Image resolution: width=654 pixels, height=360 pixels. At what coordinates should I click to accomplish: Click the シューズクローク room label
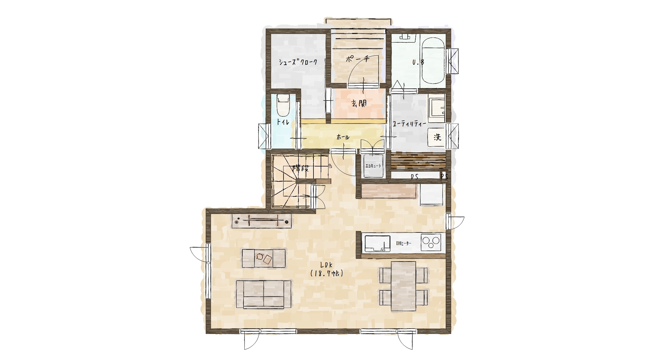(298, 62)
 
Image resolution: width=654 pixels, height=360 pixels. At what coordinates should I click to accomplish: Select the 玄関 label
(359, 103)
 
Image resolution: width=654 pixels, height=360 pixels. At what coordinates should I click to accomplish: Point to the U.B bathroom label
(418, 62)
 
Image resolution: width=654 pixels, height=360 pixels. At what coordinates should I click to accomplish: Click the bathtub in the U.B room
(433, 61)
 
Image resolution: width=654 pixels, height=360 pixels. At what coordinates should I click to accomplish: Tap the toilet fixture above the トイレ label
(283, 105)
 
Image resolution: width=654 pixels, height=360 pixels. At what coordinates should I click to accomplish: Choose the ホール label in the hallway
(343, 137)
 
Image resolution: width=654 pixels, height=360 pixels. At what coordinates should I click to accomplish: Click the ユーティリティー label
(409, 124)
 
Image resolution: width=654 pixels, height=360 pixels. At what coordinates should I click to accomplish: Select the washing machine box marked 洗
(436, 137)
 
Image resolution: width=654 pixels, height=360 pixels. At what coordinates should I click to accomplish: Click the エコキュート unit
(373, 166)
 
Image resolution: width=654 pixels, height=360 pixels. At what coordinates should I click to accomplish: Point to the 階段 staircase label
(300, 168)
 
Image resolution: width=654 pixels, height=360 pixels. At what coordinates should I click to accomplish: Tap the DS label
(415, 177)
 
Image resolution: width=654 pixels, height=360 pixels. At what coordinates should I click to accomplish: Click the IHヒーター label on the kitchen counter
(404, 243)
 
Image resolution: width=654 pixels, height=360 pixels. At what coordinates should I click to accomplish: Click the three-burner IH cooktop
(431, 242)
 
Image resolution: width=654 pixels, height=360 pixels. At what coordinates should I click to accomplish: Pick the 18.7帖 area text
(327, 273)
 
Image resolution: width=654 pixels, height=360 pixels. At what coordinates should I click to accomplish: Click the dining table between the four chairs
(403, 286)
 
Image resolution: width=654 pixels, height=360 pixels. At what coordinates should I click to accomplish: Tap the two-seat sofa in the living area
(263, 294)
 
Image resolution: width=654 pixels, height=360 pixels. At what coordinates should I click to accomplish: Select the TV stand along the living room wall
(262, 221)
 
